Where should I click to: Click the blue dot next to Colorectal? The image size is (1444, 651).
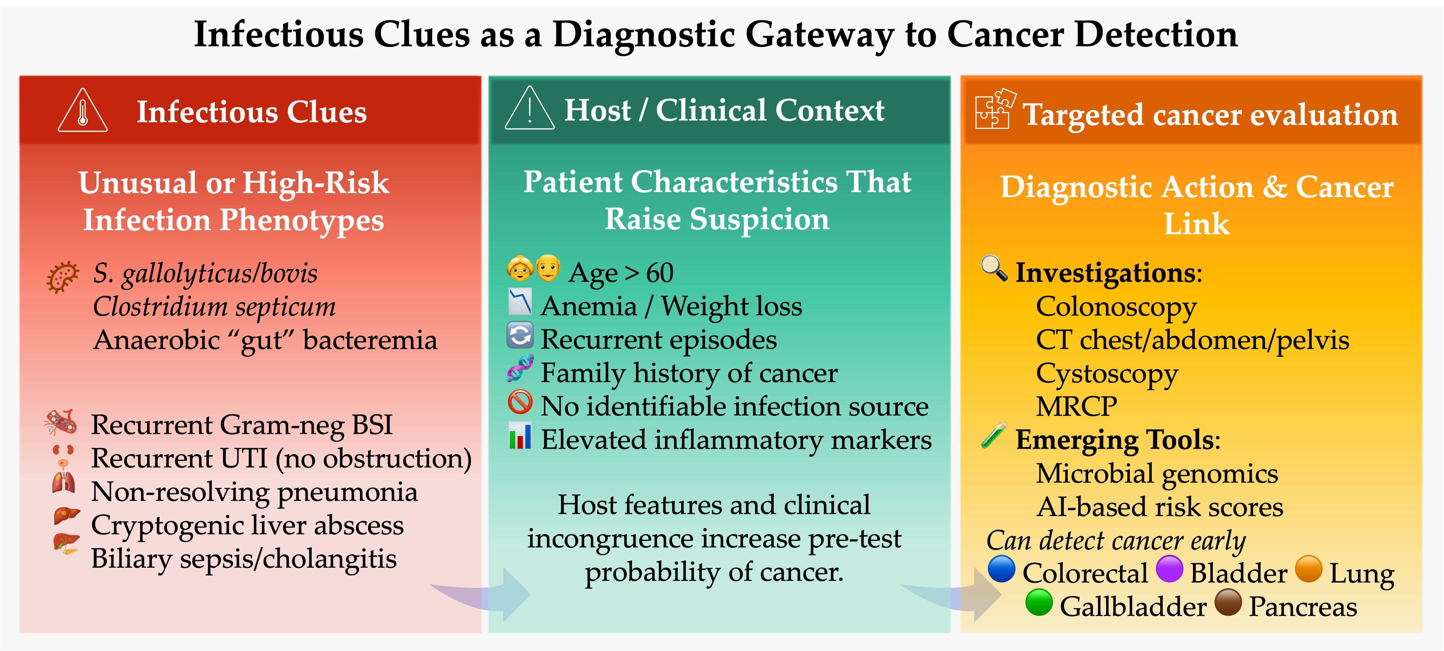pyautogui.click(x=1001, y=569)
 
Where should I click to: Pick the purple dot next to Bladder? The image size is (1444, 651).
pyautogui.click(x=1169, y=569)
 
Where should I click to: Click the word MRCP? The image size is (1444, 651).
pyautogui.click(x=1076, y=407)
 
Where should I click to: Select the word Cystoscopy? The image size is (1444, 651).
pyautogui.click(x=1107, y=374)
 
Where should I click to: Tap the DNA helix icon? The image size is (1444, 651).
pyautogui.click(x=520, y=369)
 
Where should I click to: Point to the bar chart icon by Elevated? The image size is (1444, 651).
pyautogui.click(x=520, y=436)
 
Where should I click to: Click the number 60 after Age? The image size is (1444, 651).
pyautogui.click(x=660, y=273)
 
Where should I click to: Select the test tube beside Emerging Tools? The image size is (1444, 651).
pyautogui.click(x=994, y=435)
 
